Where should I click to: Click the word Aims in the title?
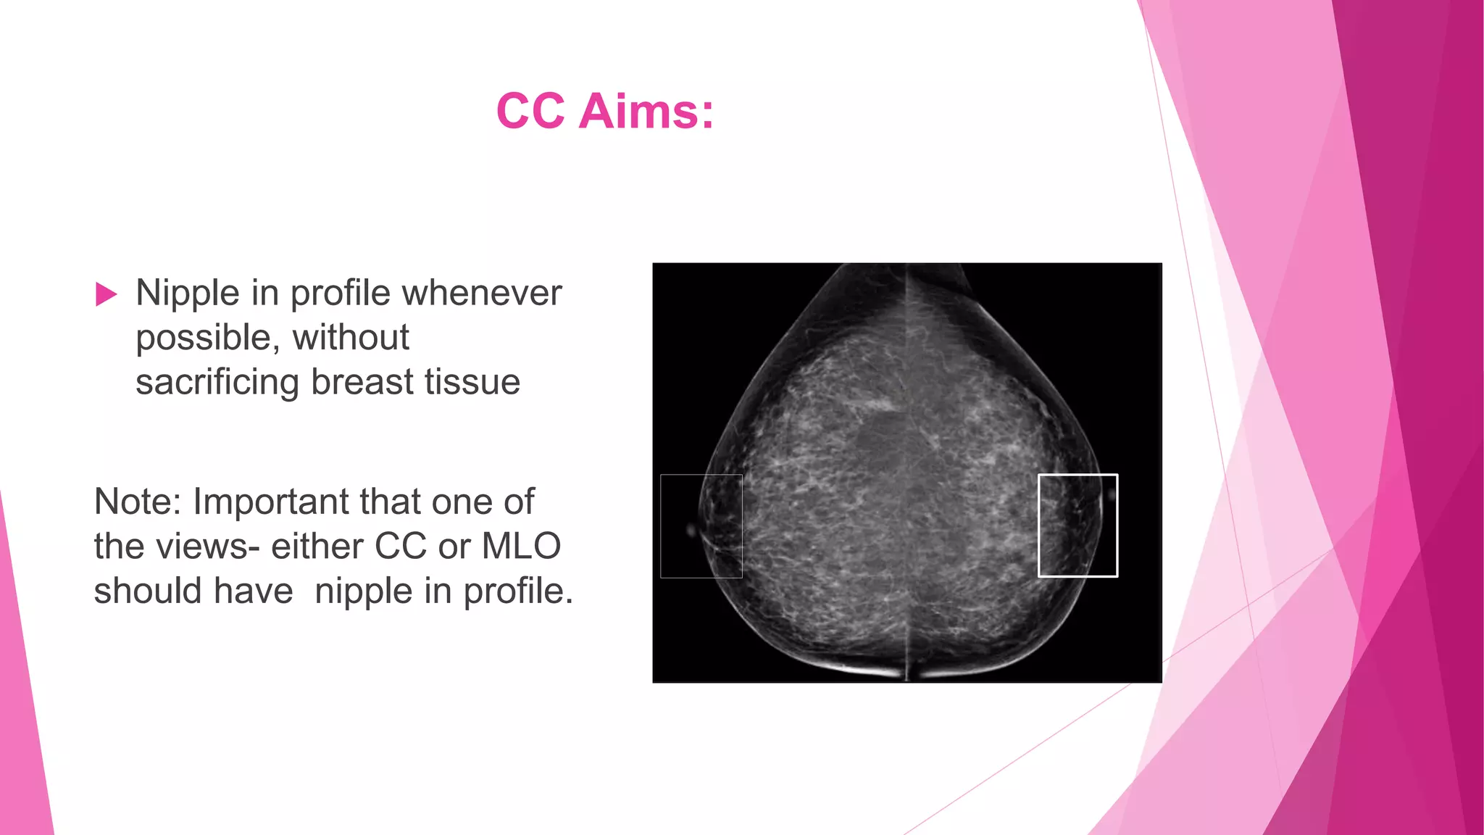tap(646, 112)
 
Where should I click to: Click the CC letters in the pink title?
tap(530, 112)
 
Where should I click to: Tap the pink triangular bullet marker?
tap(106, 294)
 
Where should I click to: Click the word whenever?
tap(482, 294)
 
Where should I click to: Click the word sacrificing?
tap(217, 382)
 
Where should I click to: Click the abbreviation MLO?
tap(521, 547)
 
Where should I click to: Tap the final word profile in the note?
tap(517, 591)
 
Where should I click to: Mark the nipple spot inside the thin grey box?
tap(691, 531)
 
